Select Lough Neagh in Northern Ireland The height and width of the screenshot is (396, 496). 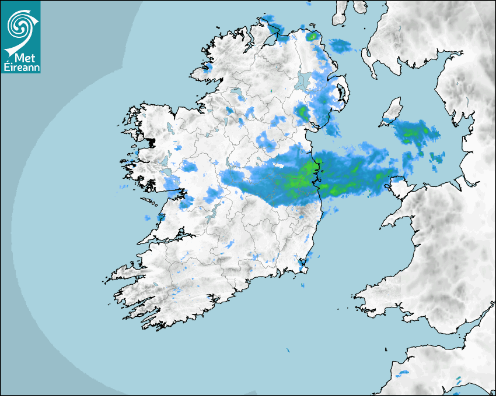(304, 82)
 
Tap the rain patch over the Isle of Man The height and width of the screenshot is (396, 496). (415, 133)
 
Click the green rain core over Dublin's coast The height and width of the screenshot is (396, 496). (301, 178)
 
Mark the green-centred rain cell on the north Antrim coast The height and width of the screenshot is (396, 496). (313, 36)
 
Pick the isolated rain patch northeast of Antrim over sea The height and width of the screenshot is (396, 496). (340, 45)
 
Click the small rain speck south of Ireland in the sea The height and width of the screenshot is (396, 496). (288, 350)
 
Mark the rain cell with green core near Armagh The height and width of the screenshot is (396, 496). (302, 112)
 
